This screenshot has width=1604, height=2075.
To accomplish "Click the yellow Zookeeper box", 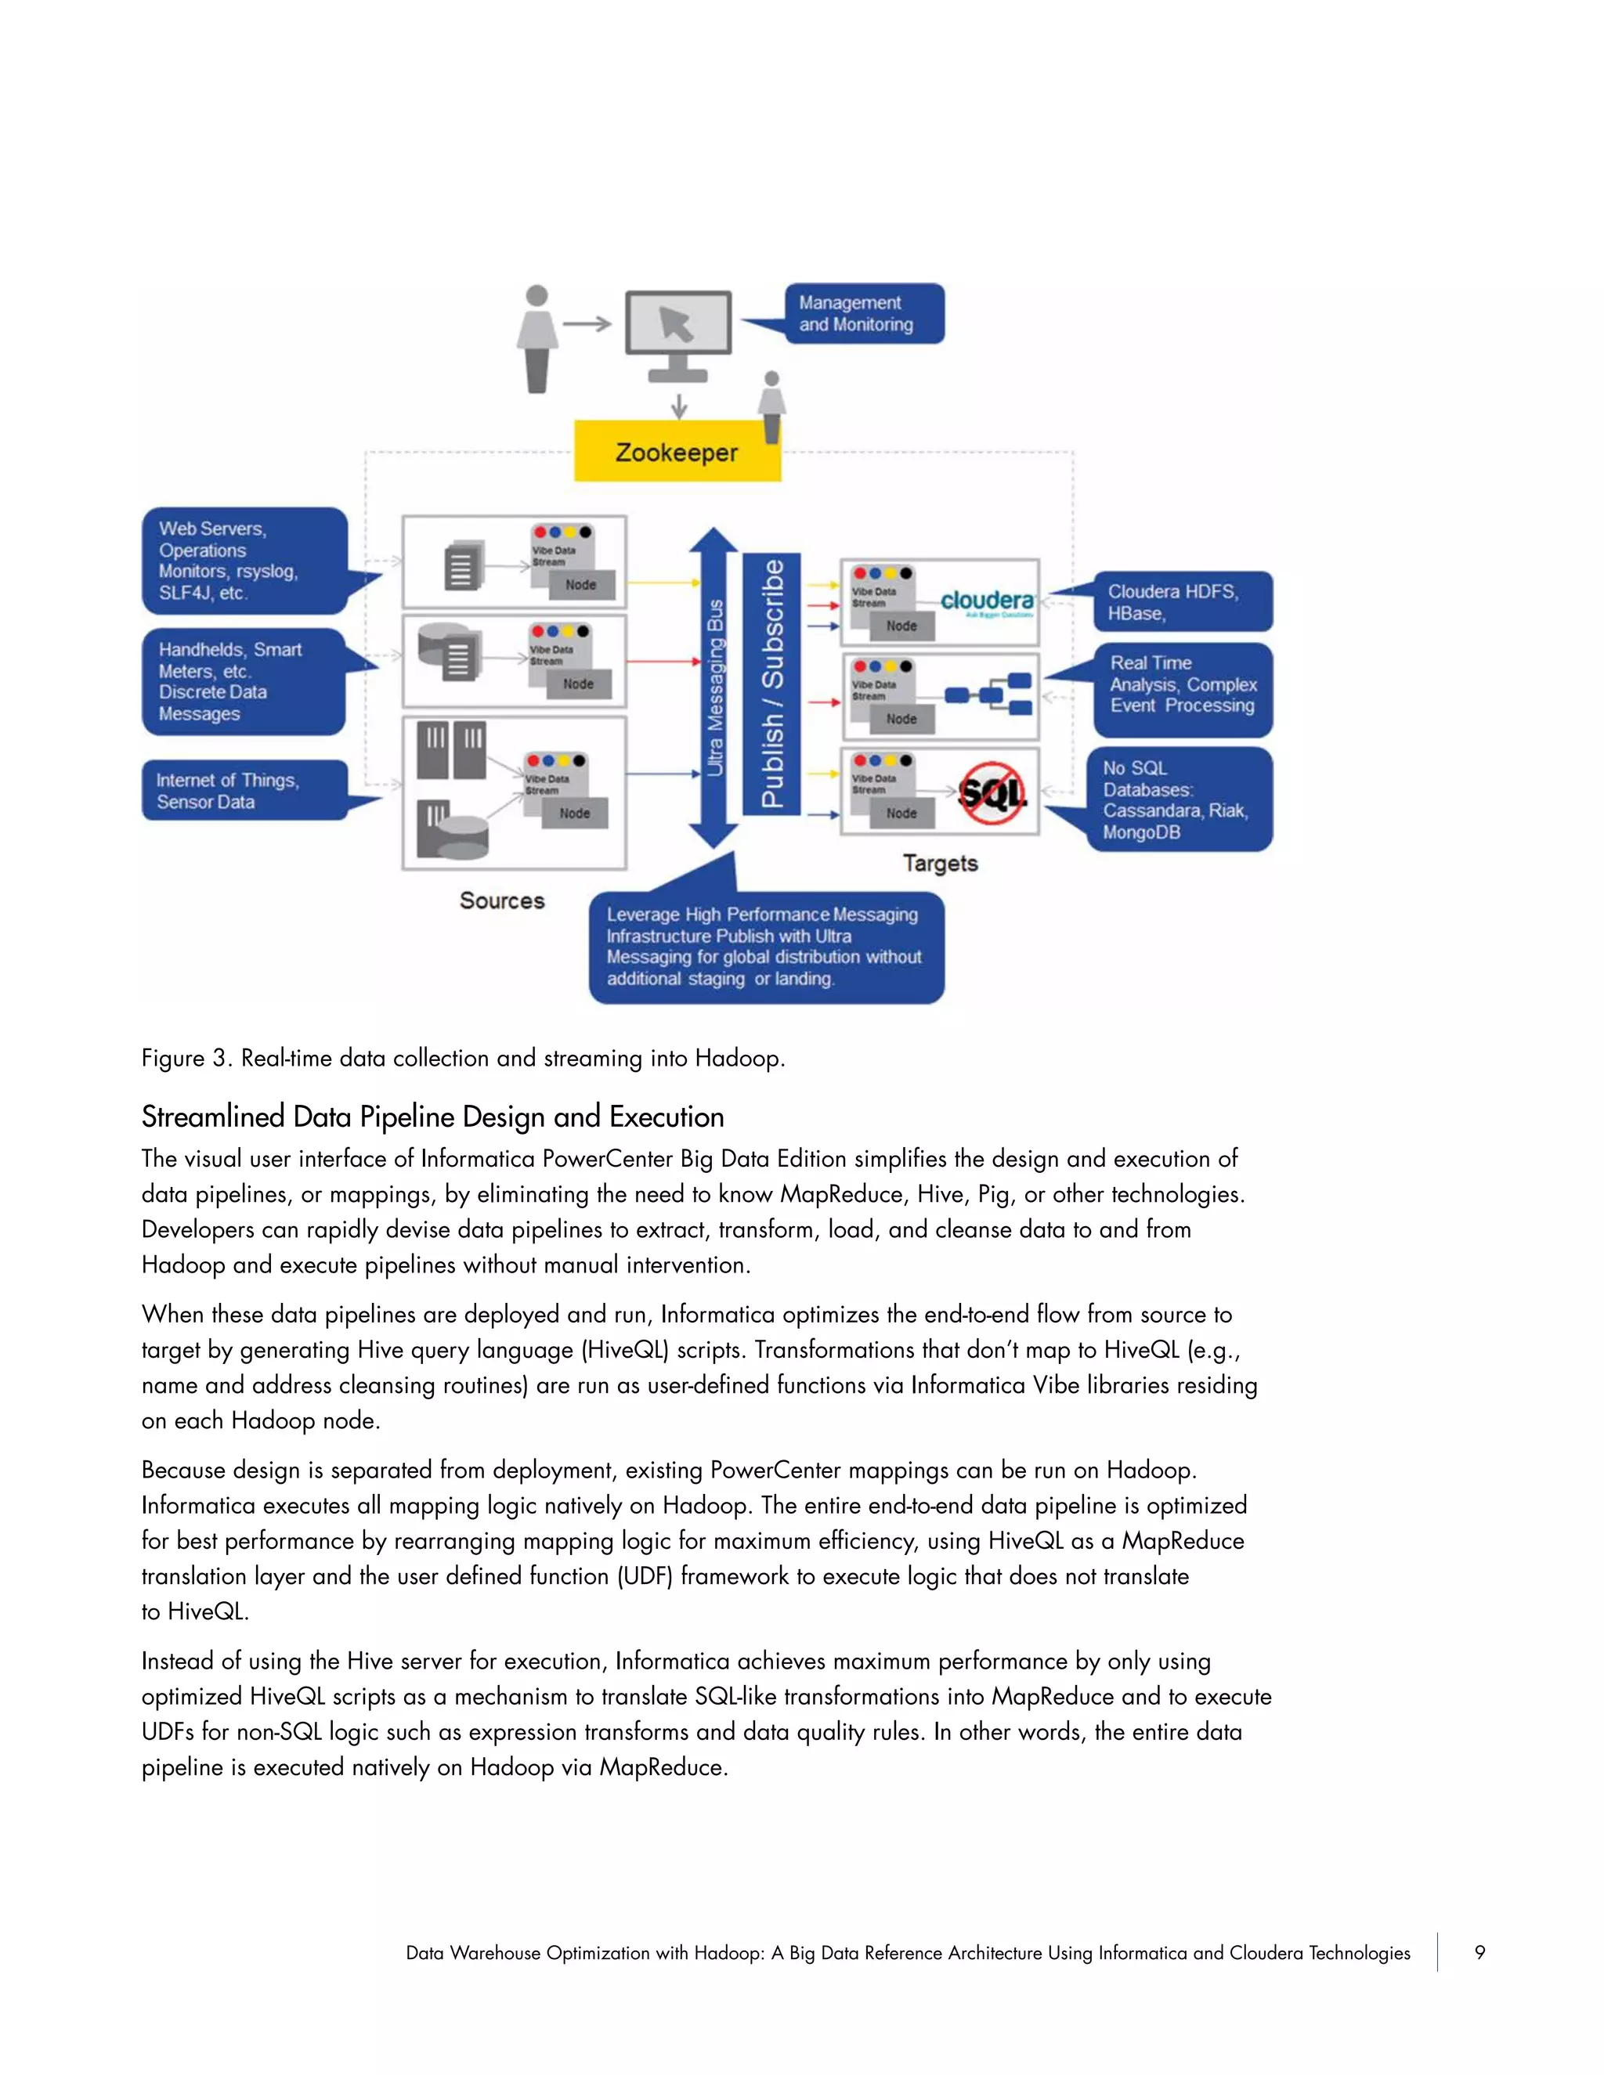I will click(677, 453).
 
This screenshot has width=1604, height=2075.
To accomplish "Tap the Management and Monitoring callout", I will click(863, 313).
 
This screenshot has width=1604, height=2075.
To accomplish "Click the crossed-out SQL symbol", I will click(991, 792).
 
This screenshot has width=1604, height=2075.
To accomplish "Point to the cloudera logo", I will click(986, 601).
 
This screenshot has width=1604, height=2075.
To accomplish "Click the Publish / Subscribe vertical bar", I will click(771, 684).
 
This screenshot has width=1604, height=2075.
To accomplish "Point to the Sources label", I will click(502, 900).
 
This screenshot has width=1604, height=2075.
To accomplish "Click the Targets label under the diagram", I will click(940, 864).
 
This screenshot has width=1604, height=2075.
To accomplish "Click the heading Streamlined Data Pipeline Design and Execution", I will click(432, 1117).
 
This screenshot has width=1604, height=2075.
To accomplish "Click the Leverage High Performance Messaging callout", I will click(766, 947).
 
